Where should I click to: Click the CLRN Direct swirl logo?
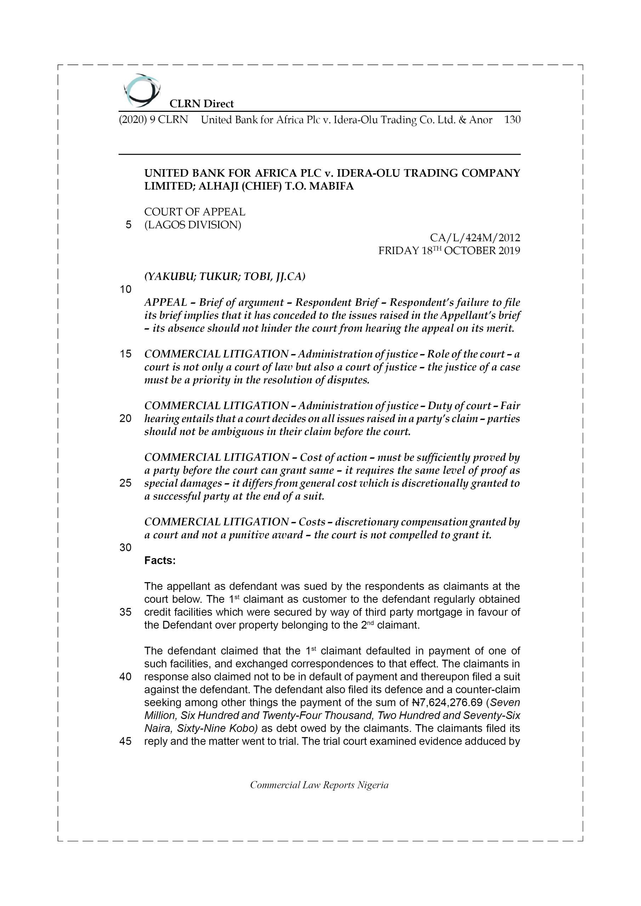point(142,90)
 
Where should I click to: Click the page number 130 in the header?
point(512,120)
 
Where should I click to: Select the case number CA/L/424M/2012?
point(475,237)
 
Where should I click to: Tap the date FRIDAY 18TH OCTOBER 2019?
point(449,251)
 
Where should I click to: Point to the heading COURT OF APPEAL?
point(194,212)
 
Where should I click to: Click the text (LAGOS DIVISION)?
point(192,225)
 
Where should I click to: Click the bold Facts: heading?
point(160,560)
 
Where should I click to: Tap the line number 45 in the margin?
point(125,741)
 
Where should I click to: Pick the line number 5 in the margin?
point(128,225)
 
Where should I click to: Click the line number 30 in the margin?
point(125,547)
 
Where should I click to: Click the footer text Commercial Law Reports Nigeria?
point(319,785)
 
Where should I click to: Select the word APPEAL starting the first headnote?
point(165,302)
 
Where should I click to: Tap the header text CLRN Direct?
point(202,104)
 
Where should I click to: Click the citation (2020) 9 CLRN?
point(153,120)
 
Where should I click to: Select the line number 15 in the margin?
point(125,354)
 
